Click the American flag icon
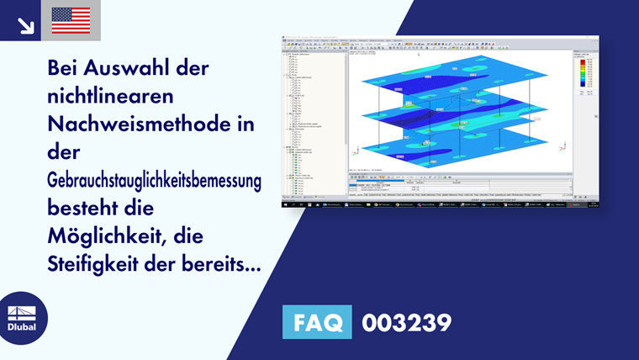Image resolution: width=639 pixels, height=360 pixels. pos(71,20)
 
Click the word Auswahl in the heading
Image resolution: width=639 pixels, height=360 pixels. pos(124,68)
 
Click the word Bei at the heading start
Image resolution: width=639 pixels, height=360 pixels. pos(65,68)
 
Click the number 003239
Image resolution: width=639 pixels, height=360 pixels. pos(406,323)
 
